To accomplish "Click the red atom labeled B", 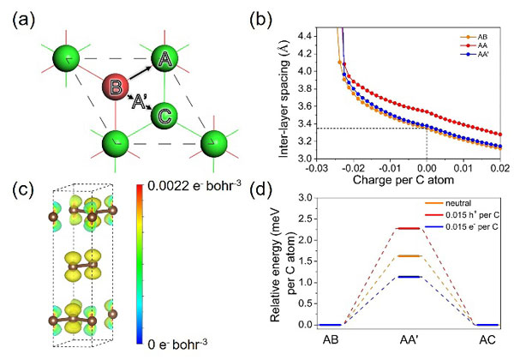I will (x=116, y=88).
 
